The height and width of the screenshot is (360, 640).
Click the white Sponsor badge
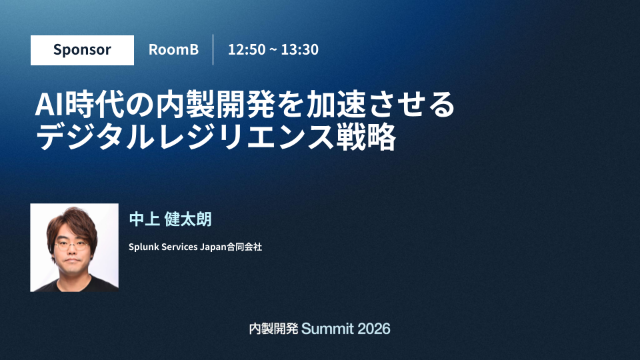pos(82,50)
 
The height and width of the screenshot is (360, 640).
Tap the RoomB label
pos(173,49)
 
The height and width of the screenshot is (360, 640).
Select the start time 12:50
pos(247,49)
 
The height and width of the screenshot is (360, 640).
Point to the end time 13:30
pos(299,49)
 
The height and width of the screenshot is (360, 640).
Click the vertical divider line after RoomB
pos(213,50)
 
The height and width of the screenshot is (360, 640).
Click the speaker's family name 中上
pos(144,219)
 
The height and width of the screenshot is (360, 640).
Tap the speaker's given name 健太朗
pos(188,219)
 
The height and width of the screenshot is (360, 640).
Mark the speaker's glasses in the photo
pos(72,246)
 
